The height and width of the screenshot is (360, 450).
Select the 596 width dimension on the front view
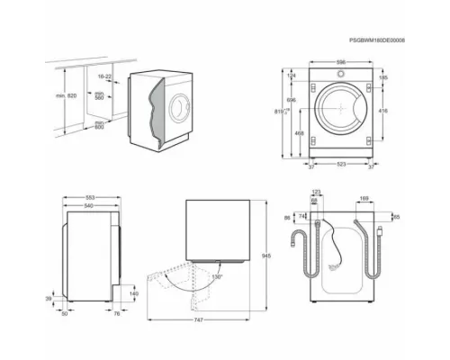pyautogui.click(x=340, y=62)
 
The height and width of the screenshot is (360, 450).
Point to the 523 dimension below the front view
pyautogui.click(x=340, y=165)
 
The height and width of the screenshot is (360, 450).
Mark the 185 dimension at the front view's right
pyautogui.click(x=382, y=79)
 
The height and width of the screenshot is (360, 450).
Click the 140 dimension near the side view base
pyautogui.click(x=134, y=292)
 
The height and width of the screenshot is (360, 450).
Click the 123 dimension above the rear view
pyautogui.click(x=317, y=192)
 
